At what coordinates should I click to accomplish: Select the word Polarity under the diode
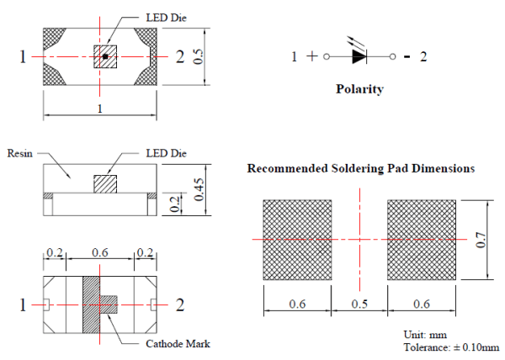[359, 89]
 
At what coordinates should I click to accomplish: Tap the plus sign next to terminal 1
[311, 56]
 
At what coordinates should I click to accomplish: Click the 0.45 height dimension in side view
[199, 189]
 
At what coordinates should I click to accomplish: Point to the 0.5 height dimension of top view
[199, 56]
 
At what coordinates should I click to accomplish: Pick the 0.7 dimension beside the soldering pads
[481, 240]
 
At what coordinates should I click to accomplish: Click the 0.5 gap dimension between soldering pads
[359, 304]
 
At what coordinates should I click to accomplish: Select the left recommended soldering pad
[297, 240]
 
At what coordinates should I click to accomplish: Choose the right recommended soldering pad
[422, 240]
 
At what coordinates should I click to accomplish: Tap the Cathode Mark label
[178, 343]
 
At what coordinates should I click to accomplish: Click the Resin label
[20, 153]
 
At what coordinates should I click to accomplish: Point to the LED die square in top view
[105, 56]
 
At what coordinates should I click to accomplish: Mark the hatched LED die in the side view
[105, 184]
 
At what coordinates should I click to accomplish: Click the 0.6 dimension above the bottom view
[100, 252]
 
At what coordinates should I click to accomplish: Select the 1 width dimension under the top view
[100, 109]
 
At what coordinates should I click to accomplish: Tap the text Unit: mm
[425, 335]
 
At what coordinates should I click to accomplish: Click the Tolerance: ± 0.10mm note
[451, 347]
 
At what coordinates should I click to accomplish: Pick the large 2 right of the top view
[180, 56]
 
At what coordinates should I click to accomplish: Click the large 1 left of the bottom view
[23, 304]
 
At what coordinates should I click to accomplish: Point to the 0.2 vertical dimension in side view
[174, 204]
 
